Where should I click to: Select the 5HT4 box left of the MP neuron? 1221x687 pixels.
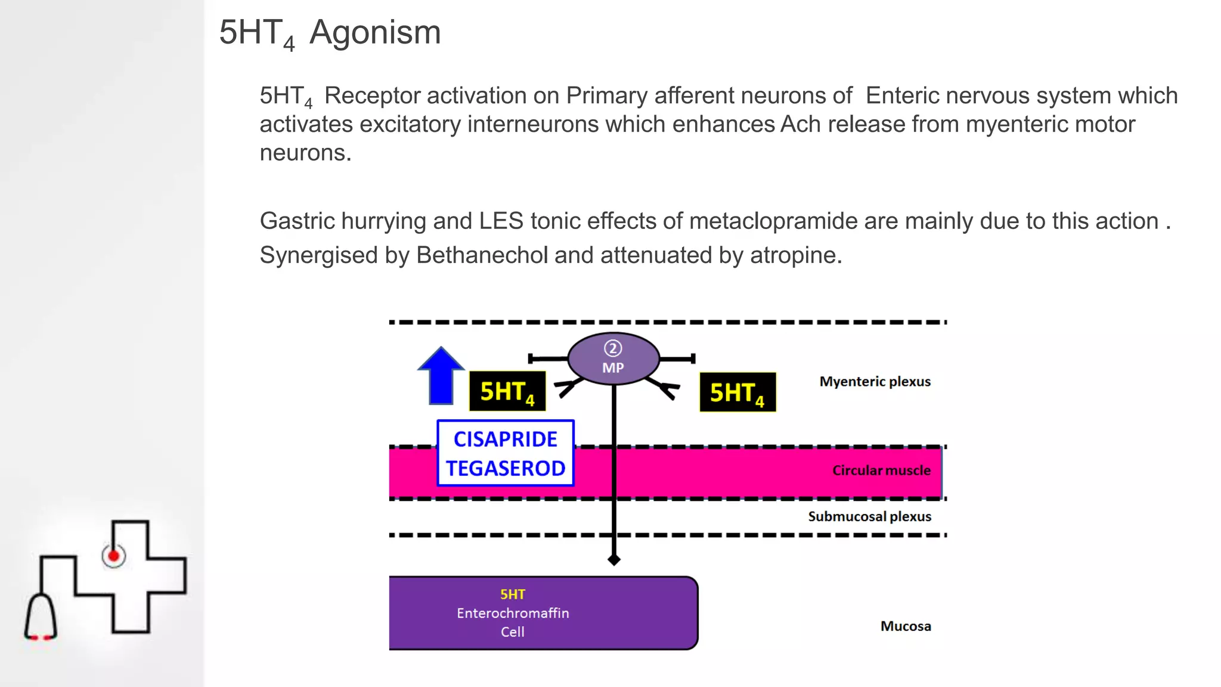(x=507, y=391)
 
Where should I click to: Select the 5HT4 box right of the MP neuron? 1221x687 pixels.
(x=737, y=392)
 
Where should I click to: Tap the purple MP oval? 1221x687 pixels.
(x=613, y=358)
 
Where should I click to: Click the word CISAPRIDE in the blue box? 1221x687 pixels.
(x=505, y=439)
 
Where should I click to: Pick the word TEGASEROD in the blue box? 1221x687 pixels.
(x=506, y=468)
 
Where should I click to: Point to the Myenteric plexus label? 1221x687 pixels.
(x=875, y=382)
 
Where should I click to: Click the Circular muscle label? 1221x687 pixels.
(x=881, y=471)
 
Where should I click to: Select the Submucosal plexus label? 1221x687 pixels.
(x=869, y=516)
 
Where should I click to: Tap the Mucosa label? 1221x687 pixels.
(x=906, y=626)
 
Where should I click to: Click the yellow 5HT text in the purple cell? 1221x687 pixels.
(x=513, y=595)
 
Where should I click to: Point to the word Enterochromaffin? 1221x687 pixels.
(x=513, y=613)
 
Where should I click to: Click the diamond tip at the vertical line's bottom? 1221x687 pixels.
(x=613, y=559)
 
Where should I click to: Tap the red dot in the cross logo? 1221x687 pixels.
(x=113, y=556)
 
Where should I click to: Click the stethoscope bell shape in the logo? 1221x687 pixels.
(x=41, y=617)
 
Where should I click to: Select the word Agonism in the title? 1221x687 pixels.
(x=375, y=32)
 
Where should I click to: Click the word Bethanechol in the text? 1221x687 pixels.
(x=482, y=255)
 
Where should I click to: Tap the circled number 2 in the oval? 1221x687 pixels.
(x=613, y=348)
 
